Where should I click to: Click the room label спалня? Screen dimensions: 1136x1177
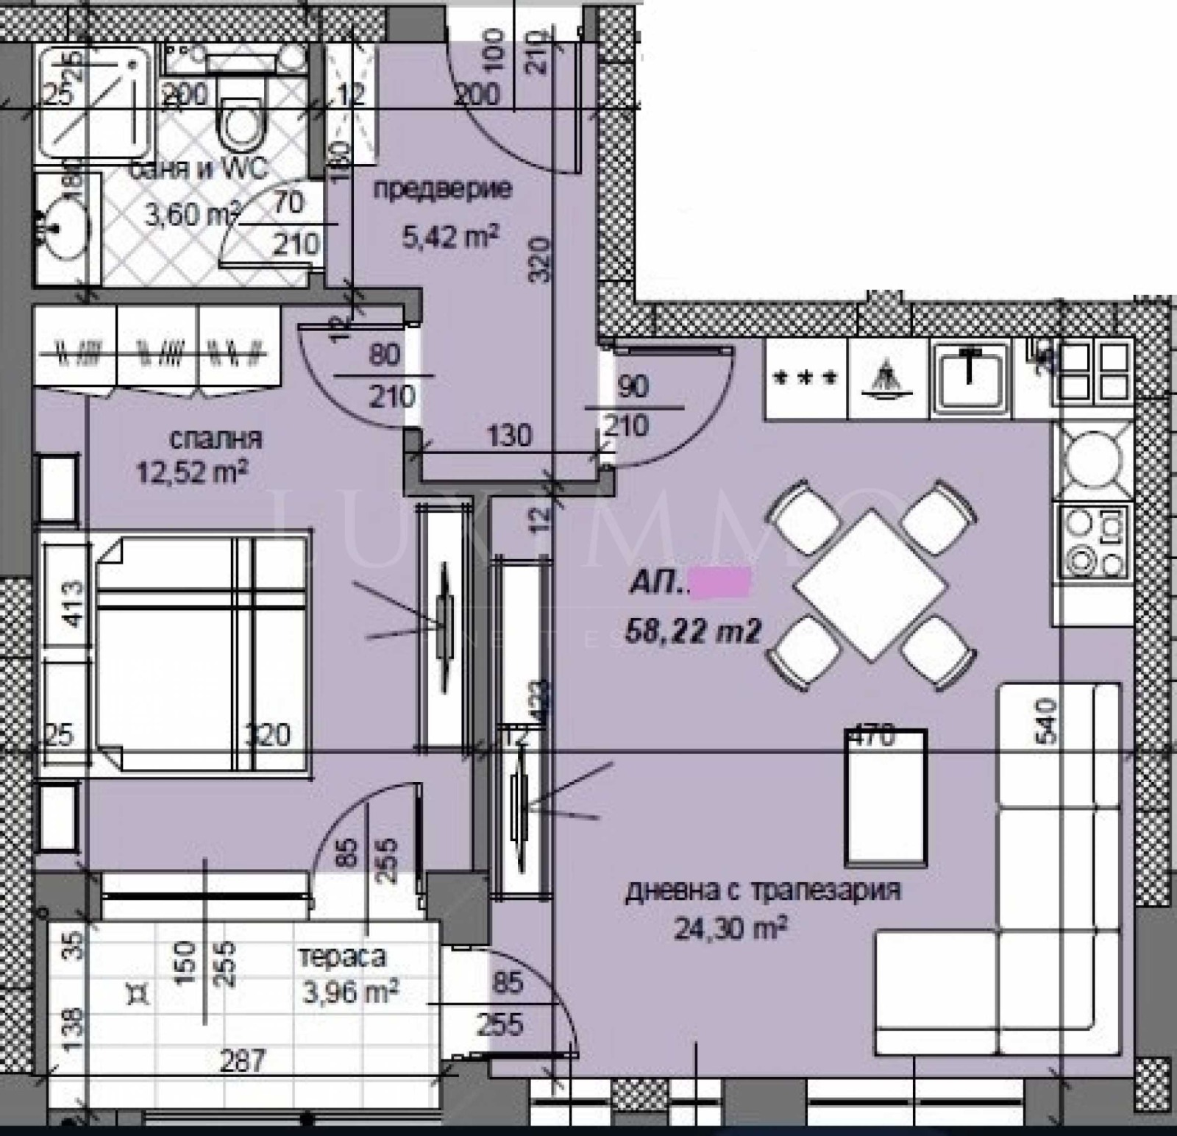[215, 439]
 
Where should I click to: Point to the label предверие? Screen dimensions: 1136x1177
[442, 189]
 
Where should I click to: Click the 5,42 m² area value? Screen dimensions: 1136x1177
[450, 236]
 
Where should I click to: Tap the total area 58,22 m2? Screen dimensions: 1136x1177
[692, 631]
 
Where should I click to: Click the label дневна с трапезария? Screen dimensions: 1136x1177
[763, 891]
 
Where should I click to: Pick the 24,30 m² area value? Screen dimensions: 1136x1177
[731, 929]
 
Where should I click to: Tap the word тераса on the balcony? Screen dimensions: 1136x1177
[342, 956]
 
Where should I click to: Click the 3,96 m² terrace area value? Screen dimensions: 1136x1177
[350, 992]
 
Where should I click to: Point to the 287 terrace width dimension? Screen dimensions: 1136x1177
[243, 1060]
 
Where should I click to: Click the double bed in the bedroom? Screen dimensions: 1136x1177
[200, 653]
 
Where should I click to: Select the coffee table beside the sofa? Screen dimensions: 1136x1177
[886, 798]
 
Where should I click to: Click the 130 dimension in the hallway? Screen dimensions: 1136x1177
[509, 436]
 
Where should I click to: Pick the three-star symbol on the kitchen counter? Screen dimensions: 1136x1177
[806, 378]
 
